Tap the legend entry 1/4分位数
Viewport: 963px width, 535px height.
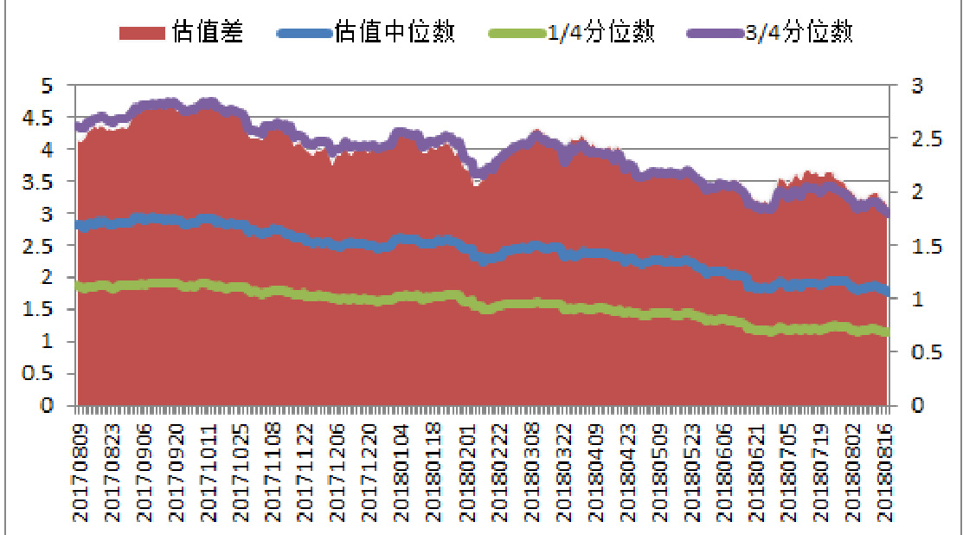tap(602, 33)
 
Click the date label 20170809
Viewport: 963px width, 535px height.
tap(80, 472)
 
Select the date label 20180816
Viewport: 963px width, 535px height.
tap(883, 472)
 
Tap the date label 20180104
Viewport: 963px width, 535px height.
tap(401, 472)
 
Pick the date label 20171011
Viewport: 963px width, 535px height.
tap(209, 472)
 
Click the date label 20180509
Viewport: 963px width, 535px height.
tap(658, 472)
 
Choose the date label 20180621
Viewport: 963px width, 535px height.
tap(755, 472)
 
